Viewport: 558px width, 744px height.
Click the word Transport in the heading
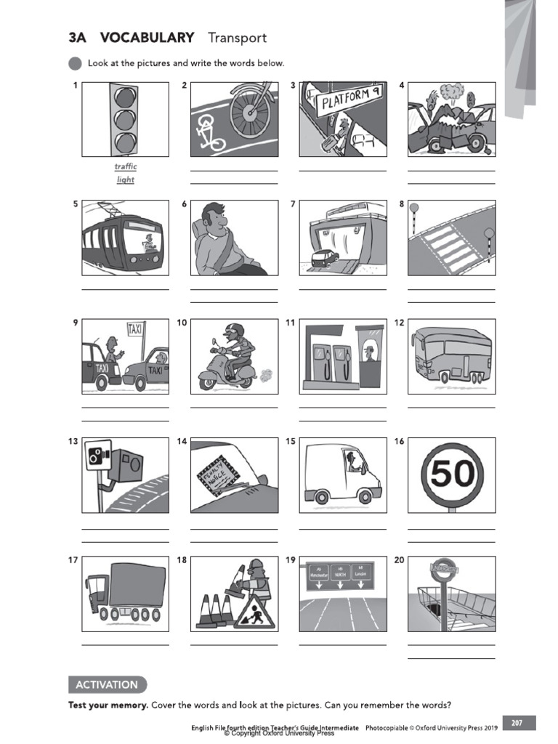237,38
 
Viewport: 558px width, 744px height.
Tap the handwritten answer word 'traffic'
126,166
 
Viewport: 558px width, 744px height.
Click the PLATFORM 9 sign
347,98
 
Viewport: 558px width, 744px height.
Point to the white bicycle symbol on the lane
209,134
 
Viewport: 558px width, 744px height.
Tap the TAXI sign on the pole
136,329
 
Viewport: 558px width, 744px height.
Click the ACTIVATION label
106,684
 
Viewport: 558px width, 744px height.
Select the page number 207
517,722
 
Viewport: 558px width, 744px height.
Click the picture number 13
73,442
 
